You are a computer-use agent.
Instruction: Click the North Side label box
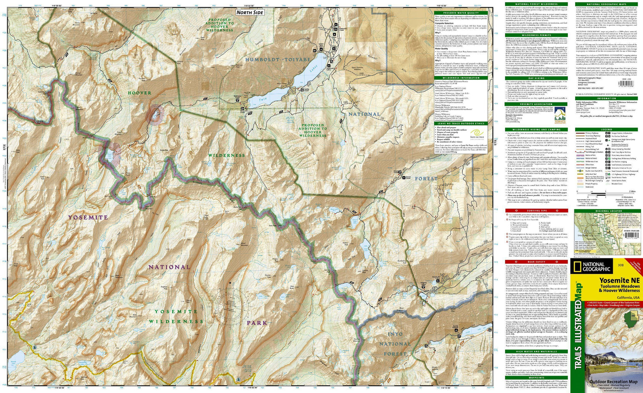(249, 12)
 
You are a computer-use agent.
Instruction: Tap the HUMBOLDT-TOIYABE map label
(278, 60)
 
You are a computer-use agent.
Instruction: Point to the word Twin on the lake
(263, 99)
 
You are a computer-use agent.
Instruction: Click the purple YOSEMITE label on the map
(88, 218)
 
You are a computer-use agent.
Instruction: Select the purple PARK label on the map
(257, 323)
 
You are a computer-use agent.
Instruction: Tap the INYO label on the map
(395, 334)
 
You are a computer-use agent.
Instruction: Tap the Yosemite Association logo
(560, 114)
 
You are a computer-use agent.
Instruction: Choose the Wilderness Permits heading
(536, 35)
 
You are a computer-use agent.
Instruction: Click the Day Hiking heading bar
(536, 78)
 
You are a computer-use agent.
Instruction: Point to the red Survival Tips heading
(536, 211)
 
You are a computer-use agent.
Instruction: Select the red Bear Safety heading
(536, 262)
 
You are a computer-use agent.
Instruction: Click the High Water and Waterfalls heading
(536, 351)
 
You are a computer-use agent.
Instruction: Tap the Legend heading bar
(606, 129)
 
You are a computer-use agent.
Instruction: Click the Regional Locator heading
(606, 211)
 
